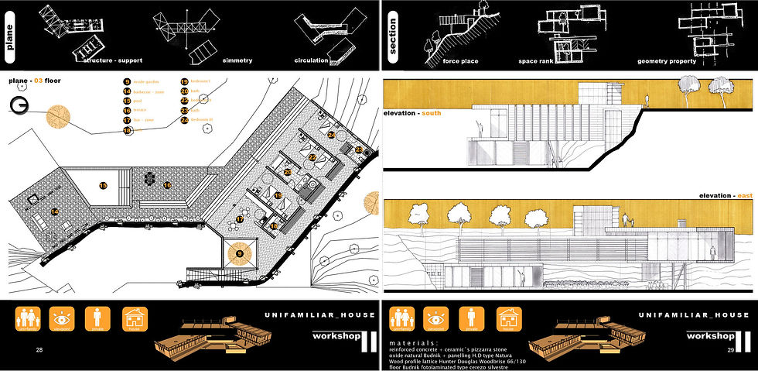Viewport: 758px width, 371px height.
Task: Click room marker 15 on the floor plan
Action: tap(102, 186)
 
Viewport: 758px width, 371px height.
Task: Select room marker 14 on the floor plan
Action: tap(54, 211)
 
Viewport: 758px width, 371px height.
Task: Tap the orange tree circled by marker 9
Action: tap(239, 253)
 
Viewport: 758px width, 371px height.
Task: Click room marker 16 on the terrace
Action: tap(167, 185)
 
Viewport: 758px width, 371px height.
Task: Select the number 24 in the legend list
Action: tap(185, 120)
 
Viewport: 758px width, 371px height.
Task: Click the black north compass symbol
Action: tap(21, 106)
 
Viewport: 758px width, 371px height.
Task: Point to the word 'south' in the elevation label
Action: tap(432, 114)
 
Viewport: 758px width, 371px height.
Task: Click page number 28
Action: tap(39, 350)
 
